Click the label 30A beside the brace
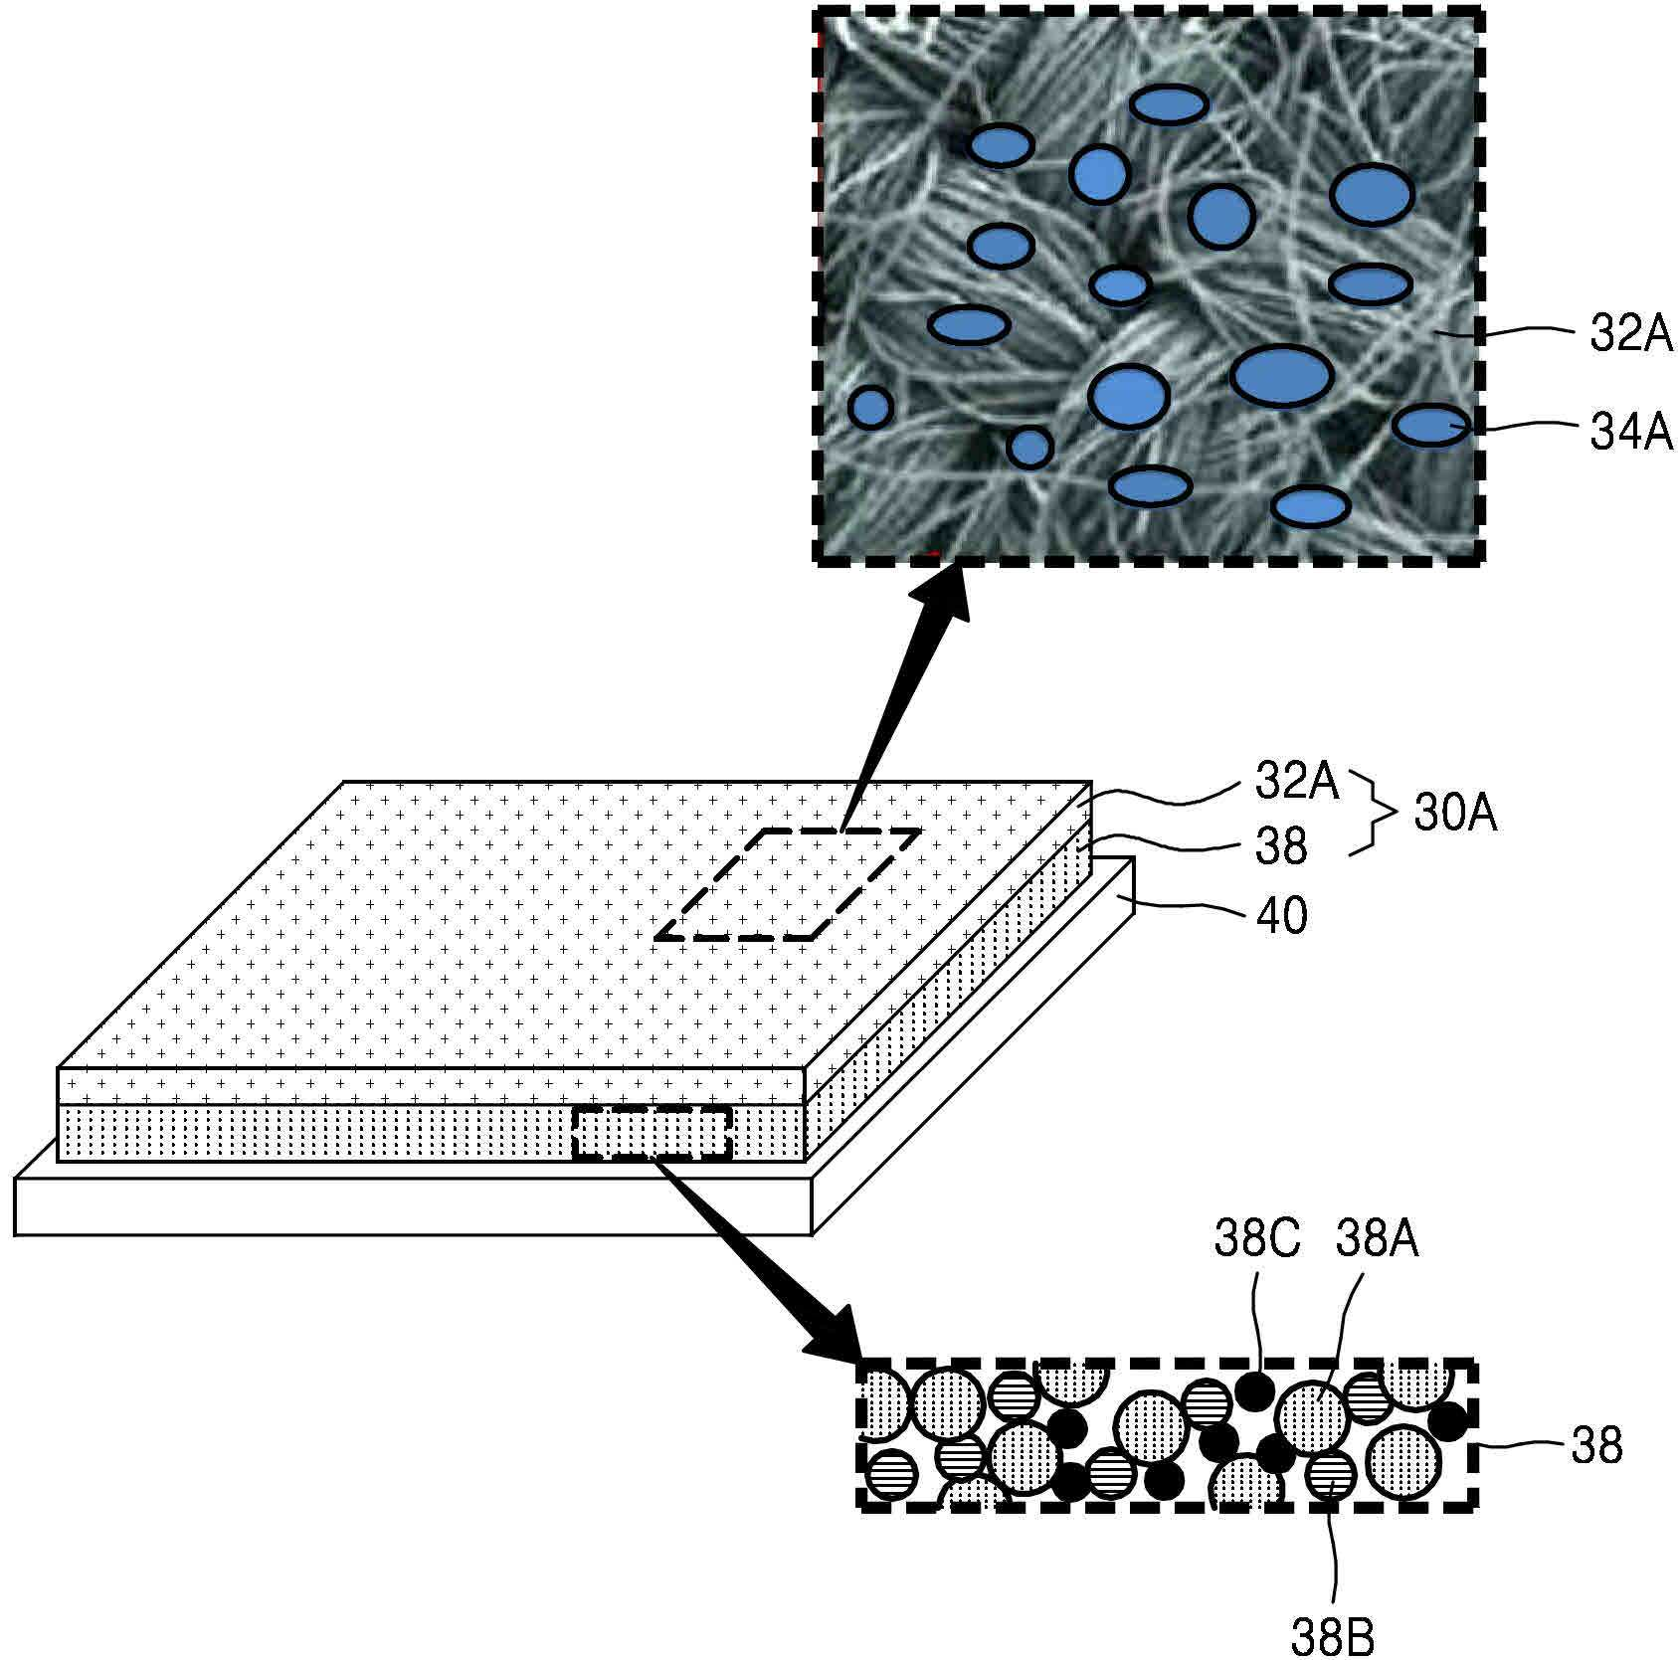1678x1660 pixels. tap(1455, 816)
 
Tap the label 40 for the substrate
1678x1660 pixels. tap(1282, 914)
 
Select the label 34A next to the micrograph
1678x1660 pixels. tap(1631, 433)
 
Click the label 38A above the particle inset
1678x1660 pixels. tap(1377, 1240)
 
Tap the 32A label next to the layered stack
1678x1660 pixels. tap(1297, 781)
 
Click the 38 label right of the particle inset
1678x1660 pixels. tap(1596, 1445)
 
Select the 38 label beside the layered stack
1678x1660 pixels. tap(1281, 846)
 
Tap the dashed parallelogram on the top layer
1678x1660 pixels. tap(787, 884)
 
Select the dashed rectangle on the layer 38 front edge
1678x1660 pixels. tap(653, 1133)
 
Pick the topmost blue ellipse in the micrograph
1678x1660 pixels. tap(1169, 104)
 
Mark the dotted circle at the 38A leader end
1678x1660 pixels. tap(1312, 1415)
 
